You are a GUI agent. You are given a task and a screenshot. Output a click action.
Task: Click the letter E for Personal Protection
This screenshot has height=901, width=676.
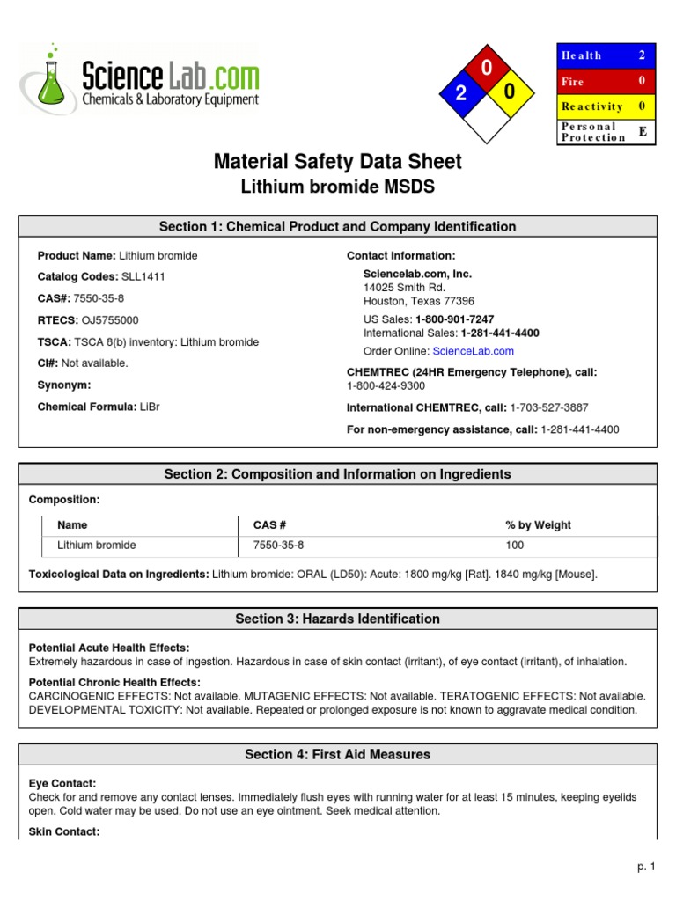coord(642,131)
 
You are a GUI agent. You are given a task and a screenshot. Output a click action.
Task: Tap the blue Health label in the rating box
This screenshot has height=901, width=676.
coord(582,55)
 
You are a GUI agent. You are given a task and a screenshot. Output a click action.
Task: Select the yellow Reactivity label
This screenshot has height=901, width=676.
coord(591,106)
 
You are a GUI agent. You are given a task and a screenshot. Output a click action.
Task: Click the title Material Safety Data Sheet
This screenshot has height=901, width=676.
coord(337,162)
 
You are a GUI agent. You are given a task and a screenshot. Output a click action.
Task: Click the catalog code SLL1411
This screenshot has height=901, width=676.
coord(143,276)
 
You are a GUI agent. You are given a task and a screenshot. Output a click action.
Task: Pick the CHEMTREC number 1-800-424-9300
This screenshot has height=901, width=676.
coord(386,385)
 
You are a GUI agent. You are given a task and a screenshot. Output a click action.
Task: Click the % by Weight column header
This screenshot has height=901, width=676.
coord(538,525)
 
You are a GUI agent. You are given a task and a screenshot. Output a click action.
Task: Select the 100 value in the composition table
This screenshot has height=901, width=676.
coord(514,546)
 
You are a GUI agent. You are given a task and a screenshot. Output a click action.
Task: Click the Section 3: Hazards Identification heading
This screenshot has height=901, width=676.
coord(337,619)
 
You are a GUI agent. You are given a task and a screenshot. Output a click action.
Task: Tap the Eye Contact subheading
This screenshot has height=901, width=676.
coord(62,783)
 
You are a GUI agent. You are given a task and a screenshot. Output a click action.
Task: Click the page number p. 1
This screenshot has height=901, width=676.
coord(647,867)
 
